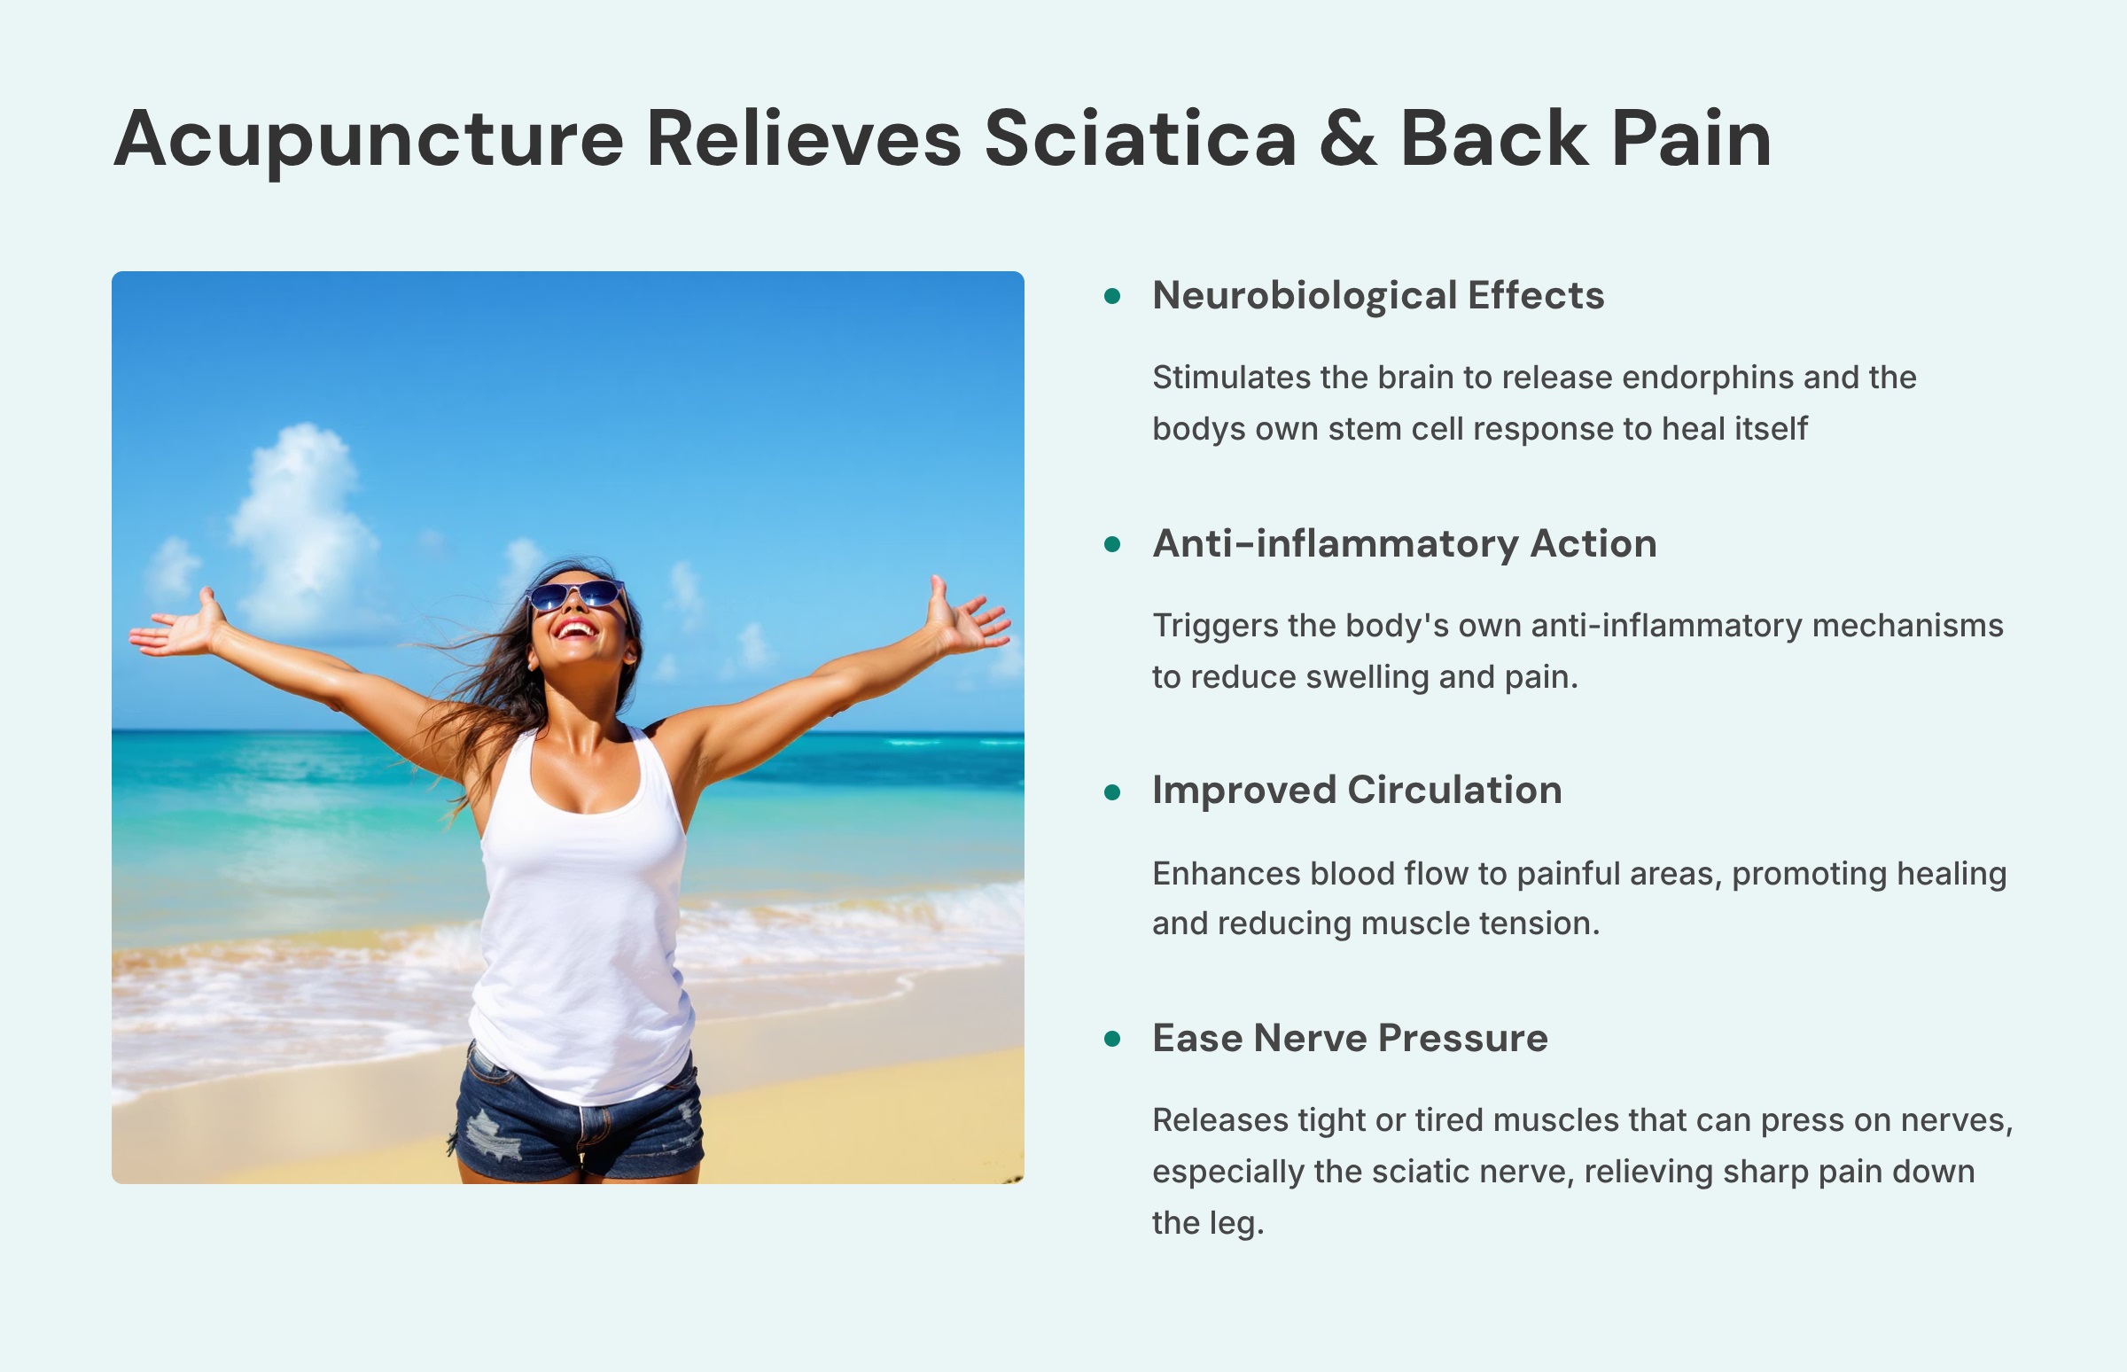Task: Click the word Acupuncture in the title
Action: (x=368, y=140)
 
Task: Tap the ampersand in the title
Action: (x=1348, y=140)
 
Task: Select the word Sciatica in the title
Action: (x=1139, y=140)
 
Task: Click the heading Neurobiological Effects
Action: (x=1378, y=296)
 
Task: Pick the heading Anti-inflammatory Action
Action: (x=1404, y=543)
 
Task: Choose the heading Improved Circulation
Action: (x=1357, y=791)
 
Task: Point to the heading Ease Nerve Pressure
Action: (x=1350, y=1038)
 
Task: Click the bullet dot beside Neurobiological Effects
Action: (x=1111, y=297)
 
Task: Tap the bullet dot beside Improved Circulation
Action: (x=1111, y=792)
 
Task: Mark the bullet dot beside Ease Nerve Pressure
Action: (x=1111, y=1039)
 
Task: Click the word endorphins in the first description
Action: (x=1707, y=378)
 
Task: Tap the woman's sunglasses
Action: (x=576, y=595)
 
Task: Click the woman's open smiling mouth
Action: (x=576, y=630)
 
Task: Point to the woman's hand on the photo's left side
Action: (x=183, y=628)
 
